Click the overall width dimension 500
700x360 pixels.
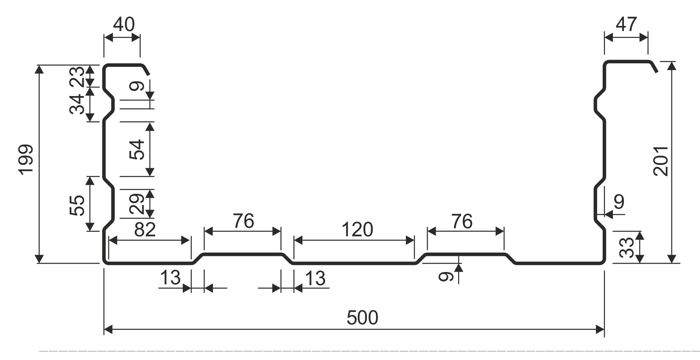pyautogui.click(x=362, y=318)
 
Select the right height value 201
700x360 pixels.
pyautogui.click(x=660, y=161)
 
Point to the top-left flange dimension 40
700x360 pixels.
pyautogui.click(x=124, y=24)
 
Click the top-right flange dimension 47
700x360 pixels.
pyautogui.click(x=626, y=24)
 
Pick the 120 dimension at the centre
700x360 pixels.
pyautogui.click(x=357, y=230)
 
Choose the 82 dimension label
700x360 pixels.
pyautogui.click(x=145, y=230)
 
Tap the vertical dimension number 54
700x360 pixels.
pyautogui.click(x=137, y=150)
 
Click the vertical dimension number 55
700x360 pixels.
pyautogui.click(x=77, y=205)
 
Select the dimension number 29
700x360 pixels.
pyautogui.click(x=137, y=204)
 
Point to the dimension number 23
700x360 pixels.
pyautogui.click(x=77, y=77)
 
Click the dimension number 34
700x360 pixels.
pyautogui.click(x=77, y=105)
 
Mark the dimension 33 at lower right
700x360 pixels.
pyautogui.click(x=627, y=247)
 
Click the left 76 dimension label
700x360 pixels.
pyautogui.click(x=244, y=221)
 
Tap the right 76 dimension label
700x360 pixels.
pyautogui.click(x=462, y=221)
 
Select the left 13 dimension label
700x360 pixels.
pyautogui.click(x=170, y=278)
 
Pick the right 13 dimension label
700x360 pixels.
pyautogui.click(x=315, y=278)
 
